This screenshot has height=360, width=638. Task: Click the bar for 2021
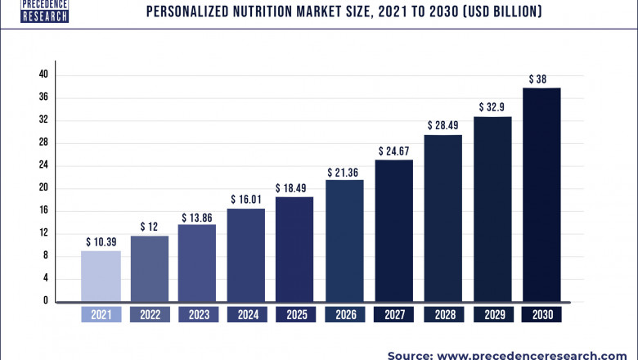[x=101, y=276]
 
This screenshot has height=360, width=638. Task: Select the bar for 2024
[x=245, y=254]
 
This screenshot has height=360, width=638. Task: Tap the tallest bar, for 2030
[x=541, y=194]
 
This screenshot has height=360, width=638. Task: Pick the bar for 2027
[x=393, y=230]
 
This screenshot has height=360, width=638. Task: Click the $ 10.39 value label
[x=101, y=242]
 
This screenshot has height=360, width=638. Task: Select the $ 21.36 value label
[x=344, y=172]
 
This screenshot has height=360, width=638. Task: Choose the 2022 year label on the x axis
[x=149, y=315]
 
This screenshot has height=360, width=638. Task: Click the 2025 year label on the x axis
[x=295, y=315]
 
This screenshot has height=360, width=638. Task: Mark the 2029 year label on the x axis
[x=492, y=315]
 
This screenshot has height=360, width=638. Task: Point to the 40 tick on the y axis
[x=43, y=74]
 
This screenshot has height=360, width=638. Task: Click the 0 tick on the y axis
[x=46, y=301]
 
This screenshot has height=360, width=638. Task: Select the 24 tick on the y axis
[x=43, y=165]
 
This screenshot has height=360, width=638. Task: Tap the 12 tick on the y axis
[x=43, y=233]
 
